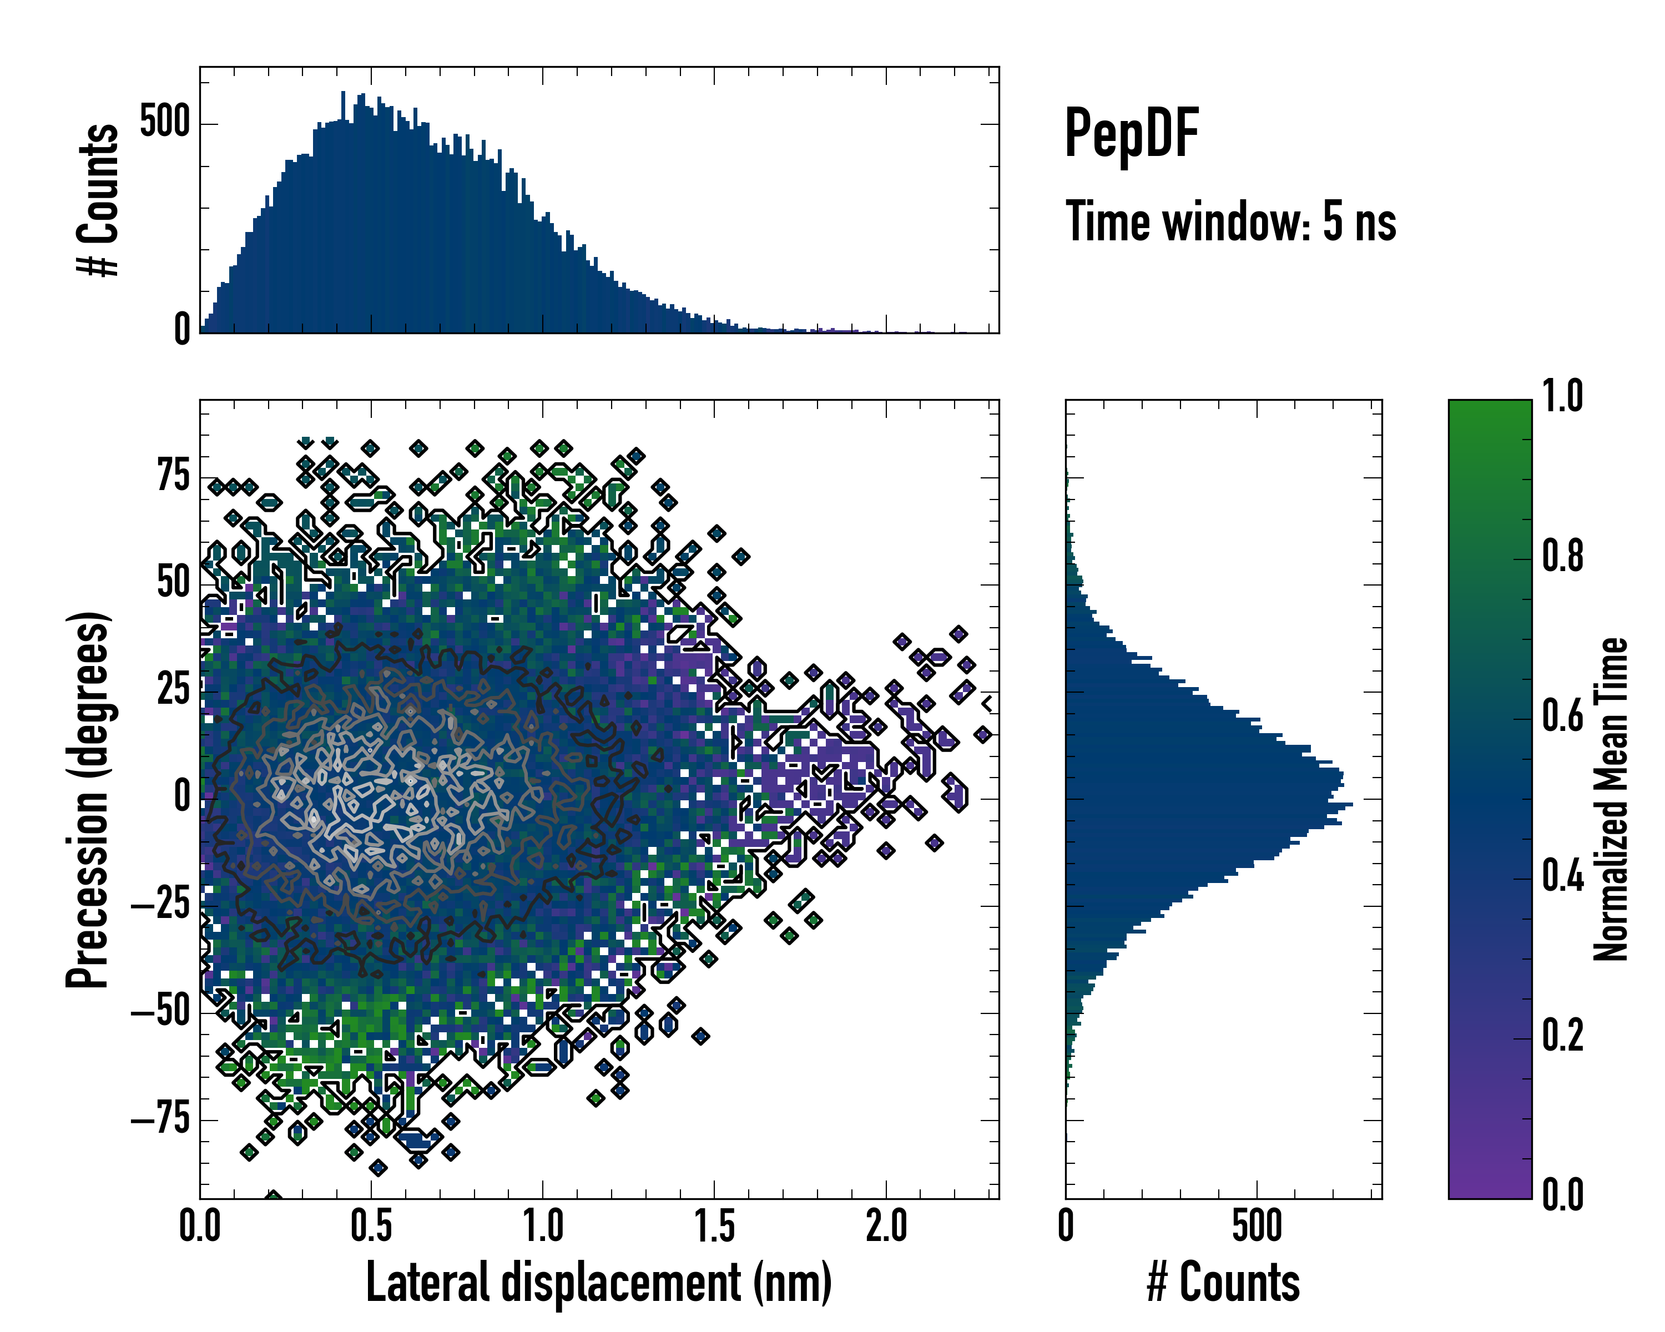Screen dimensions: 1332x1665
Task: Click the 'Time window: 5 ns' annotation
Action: pos(1230,221)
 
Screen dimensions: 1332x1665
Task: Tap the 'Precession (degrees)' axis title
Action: pos(87,799)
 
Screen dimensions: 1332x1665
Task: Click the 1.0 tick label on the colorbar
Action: pos(1562,396)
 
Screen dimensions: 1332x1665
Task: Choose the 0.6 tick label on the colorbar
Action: pos(1562,716)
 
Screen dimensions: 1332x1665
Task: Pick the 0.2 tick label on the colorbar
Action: pos(1562,1036)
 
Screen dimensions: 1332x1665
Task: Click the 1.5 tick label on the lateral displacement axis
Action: pos(714,1226)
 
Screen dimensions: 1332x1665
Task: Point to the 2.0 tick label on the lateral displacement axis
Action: pos(886,1226)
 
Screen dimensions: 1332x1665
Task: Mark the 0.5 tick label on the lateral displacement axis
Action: pos(371,1226)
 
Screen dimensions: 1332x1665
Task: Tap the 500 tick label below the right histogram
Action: pos(1257,1226)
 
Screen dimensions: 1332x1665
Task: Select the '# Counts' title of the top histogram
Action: pos(99,200)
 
